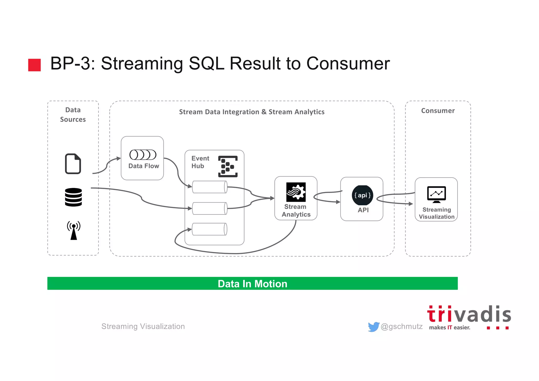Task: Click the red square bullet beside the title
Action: pyautogui.click(x=34, y=65)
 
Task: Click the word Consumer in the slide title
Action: pyautogui.click(x=348, y=63)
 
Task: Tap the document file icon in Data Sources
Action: pyautogui.click(x=73, y=164)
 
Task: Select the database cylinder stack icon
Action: pyautogui.click(x=73, y=197)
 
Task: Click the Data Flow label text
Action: pyautogui.click(x=144, y=166)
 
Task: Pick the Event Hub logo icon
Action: pyautogui.click(x=228, y=166)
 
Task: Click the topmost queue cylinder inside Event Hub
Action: pyautogui.click(x=210, y=187)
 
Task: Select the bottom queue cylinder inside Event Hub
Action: pyautogui.click(x=210, y=229)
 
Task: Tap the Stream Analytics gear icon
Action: pyautogui.click(x=296, y=192)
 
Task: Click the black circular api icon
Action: pyautogui.click(x=362, y=195)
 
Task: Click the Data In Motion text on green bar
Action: pyautogui.click(x=252, y=284)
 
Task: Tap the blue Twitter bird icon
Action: pyautogui.click(x=373, y=327)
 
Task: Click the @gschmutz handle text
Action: pyautogui.click(x=402, y=326)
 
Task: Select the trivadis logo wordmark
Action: pyautogui.click(x=469, y=315)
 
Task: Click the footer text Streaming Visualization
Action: pyautogui.click(x=143, y=326)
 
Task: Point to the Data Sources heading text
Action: pyautogui.click(x=73, y=115)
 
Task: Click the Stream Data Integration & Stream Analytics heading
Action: pyautogui.click(x=252, y=112)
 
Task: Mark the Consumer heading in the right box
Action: pyautogui.click(x=438, y=111)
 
